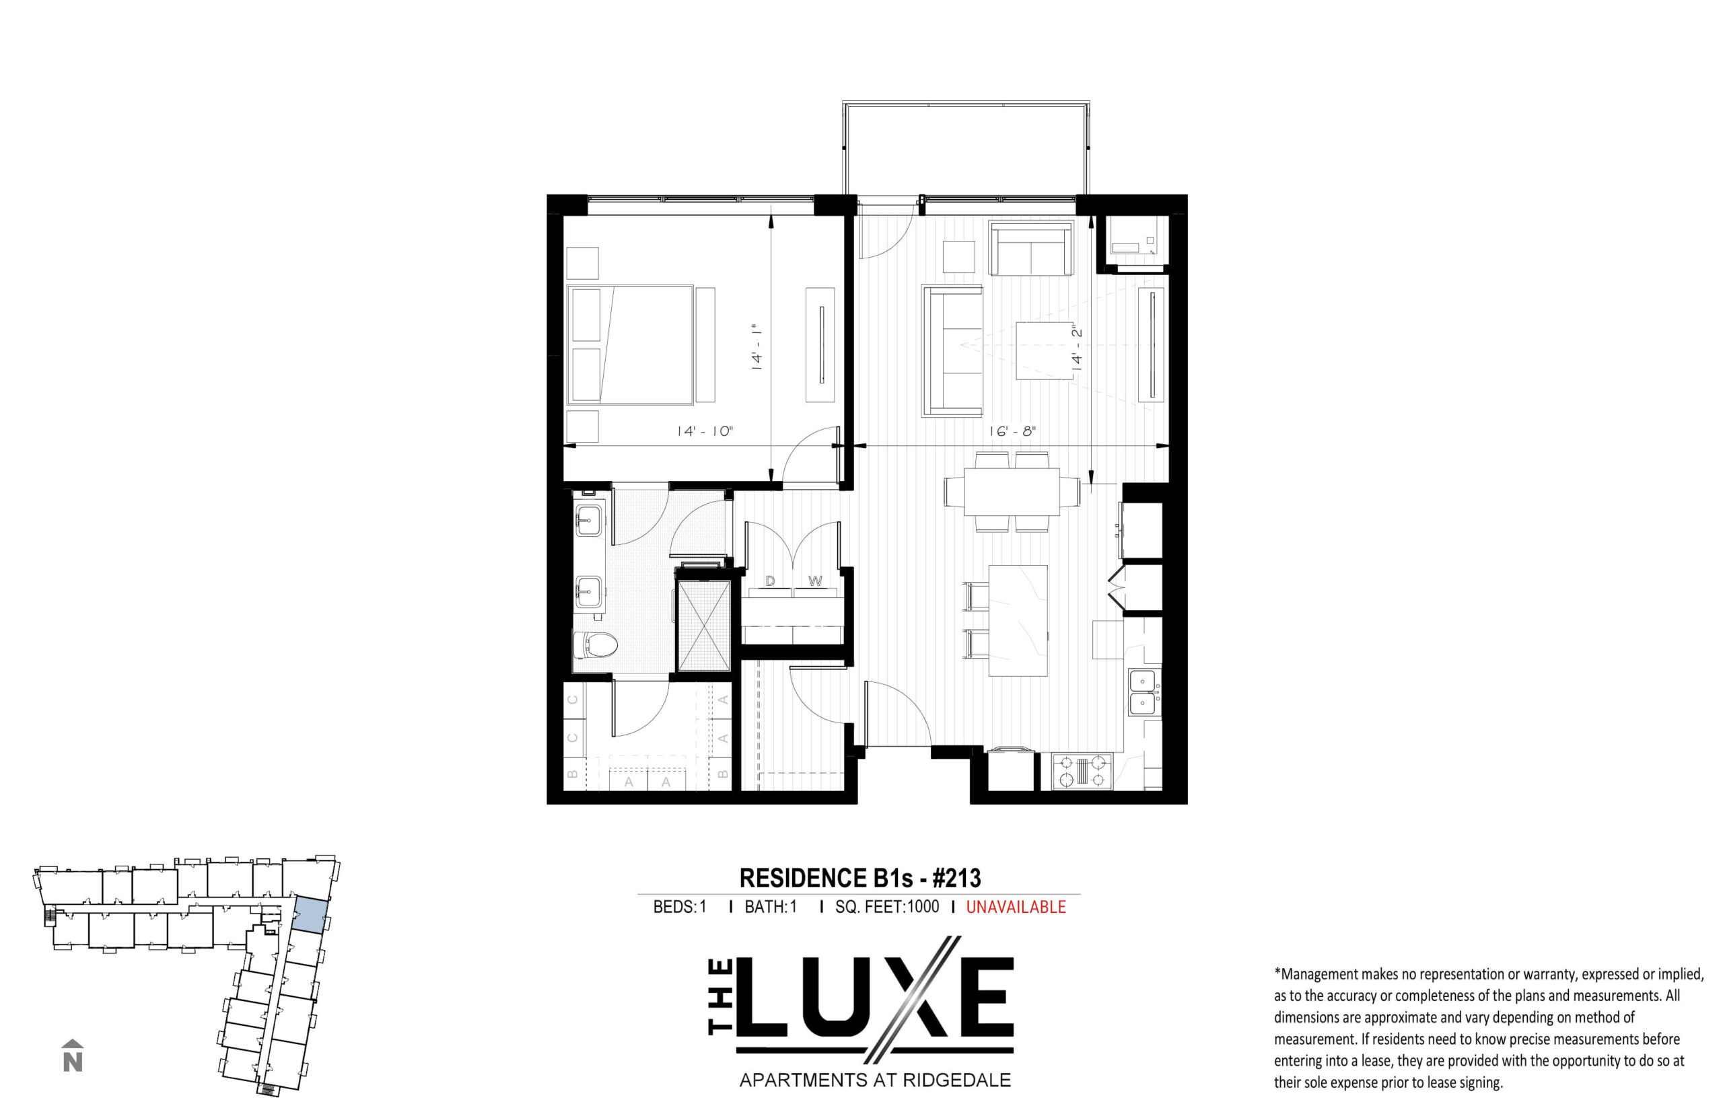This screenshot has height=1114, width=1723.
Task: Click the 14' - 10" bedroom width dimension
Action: pos(704,432)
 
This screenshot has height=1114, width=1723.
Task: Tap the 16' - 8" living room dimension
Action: pos(1012,431)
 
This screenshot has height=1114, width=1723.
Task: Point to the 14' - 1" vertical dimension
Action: pos(758,347)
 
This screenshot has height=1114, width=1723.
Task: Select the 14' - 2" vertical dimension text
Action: pos(1077,348)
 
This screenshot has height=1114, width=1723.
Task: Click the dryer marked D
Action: pos(770,593)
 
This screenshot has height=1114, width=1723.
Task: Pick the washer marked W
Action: pos(816,593)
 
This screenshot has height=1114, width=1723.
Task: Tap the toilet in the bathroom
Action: pos(594,644)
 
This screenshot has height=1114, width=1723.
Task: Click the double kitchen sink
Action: pos(1142,692)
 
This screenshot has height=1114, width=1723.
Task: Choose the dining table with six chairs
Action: pos(1012,492)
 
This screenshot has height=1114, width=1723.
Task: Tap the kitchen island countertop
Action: pos(1018,621)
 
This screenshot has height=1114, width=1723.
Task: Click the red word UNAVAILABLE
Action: pos(1015,907)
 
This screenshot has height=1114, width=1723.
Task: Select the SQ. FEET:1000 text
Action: pos(886,907)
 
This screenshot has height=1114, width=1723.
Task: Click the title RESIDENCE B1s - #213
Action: pos(859,878)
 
